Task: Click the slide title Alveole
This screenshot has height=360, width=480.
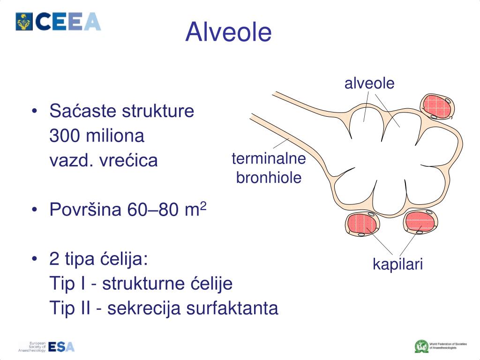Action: [x=228, y=32]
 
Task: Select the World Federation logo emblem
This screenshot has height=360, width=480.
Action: [x=421, y=346]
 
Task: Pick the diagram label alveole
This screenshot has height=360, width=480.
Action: [x=369, y=83]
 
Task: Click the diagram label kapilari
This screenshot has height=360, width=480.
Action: [x=397, y=264]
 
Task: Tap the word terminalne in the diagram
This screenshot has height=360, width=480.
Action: [x=269, y=159]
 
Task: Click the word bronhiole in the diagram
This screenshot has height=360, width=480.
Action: [x=269, y=178]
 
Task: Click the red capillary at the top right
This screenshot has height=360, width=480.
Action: [x=436, y=106]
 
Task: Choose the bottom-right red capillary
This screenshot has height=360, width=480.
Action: [x=420, y=222]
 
